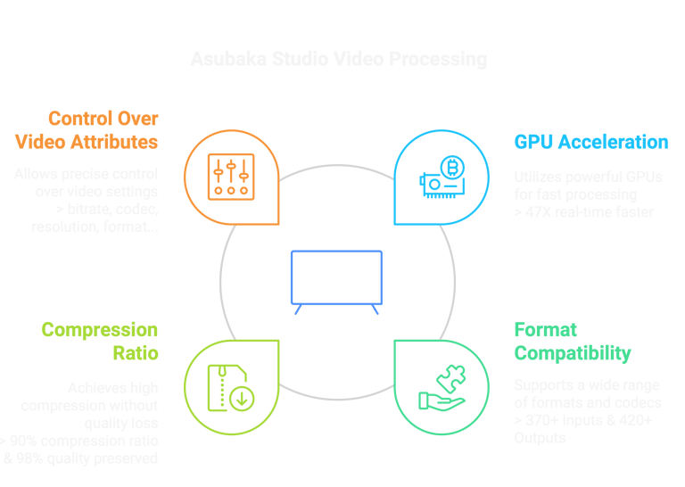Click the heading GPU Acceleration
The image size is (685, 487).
[590, 142]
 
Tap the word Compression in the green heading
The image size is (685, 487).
[100, 330]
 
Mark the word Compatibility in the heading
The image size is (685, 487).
[573, 353]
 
